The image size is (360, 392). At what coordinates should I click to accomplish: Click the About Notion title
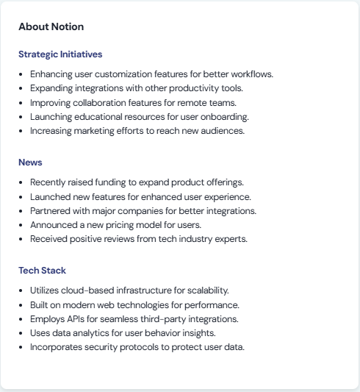tap(51, 26)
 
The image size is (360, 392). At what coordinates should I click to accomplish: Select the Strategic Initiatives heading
tap(60, 54)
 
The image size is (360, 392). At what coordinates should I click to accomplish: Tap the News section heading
tap(30, 163)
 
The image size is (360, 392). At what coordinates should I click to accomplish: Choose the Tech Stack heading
tap(42, 271)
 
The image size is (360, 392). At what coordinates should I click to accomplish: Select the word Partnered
tap(50, 210)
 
